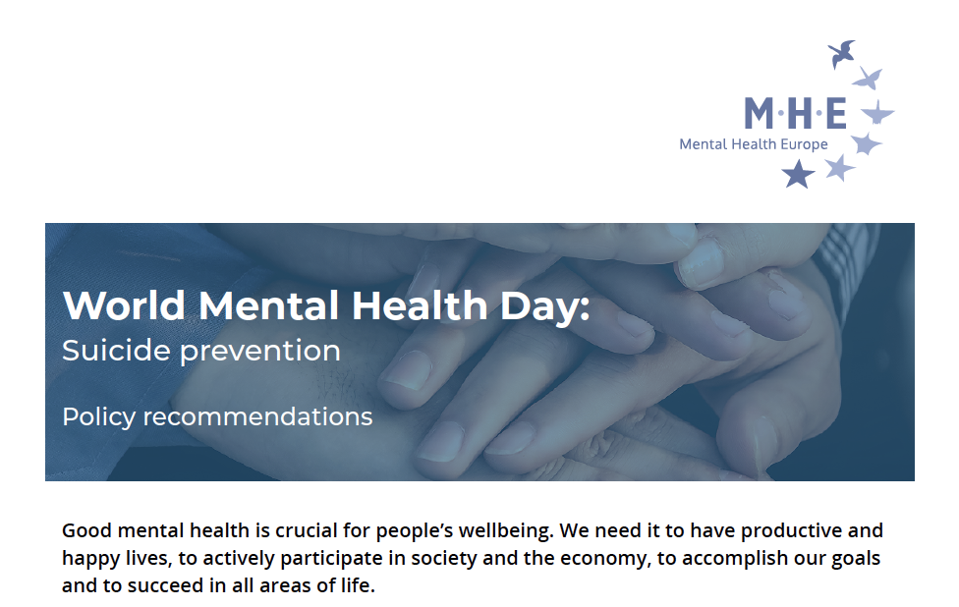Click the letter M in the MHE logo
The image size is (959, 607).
[759, 113]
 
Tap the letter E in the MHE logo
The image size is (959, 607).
[836, 113]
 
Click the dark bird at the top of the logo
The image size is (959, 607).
[841, 54]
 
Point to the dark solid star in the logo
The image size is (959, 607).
[798, 174]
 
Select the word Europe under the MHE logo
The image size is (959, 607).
[804, 144]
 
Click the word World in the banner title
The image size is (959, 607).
[124, 305]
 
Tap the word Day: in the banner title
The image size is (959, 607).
[545, 306]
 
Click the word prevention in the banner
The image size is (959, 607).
[260, 352]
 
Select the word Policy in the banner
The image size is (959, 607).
[98, 416]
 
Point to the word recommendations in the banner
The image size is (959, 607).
[257, 416]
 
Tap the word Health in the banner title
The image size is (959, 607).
[420, 305]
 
